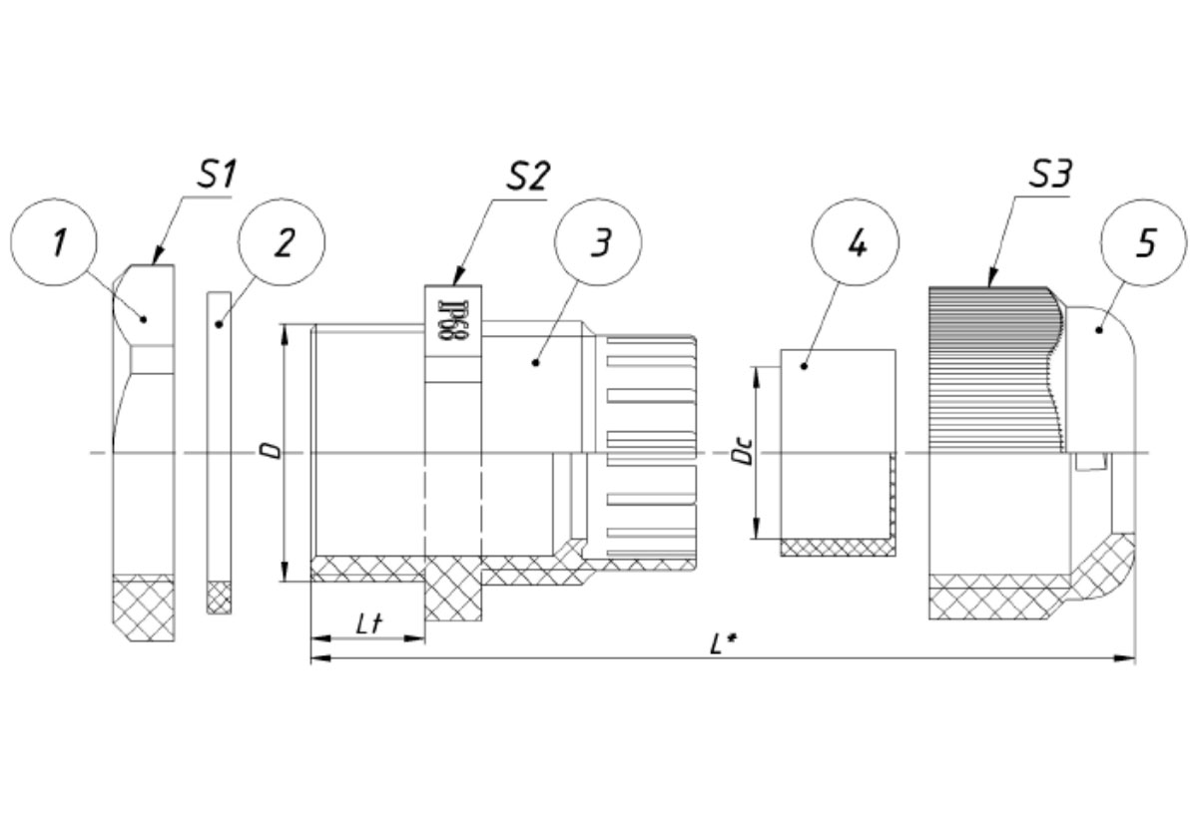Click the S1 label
point(216,175)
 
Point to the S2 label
point(527,176)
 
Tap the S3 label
point(1050,174)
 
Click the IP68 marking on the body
point(453,321)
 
